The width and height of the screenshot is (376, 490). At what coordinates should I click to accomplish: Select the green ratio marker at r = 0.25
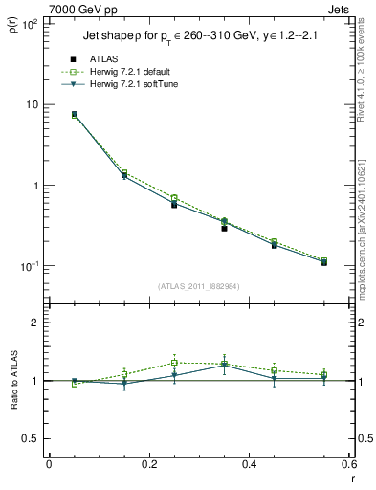coord(174,363)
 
